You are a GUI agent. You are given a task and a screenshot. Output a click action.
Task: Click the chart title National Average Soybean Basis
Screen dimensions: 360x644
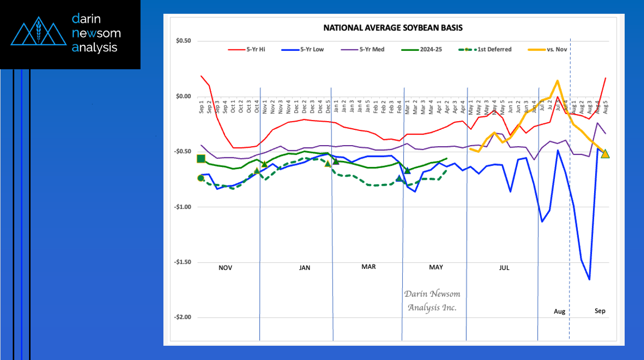click(393, 27)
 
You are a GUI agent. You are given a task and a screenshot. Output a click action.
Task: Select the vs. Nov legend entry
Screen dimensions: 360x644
click(556, 49)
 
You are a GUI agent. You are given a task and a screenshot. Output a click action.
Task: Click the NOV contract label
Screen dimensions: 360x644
click(226, 267)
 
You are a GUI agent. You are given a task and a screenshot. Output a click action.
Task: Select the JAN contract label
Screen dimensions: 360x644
click(304, 267)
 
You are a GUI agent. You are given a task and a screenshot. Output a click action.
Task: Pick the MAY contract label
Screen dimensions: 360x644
click(436, 267)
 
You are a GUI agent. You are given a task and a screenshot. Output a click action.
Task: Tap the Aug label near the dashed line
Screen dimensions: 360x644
click(559, 311)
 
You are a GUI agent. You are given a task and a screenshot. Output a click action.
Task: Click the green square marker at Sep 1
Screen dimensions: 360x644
click(201, 159)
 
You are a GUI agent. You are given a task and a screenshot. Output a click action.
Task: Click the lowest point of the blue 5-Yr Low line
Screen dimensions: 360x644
click(590, 280)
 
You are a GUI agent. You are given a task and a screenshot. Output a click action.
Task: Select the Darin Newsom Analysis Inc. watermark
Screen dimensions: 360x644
click(431, 301)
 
